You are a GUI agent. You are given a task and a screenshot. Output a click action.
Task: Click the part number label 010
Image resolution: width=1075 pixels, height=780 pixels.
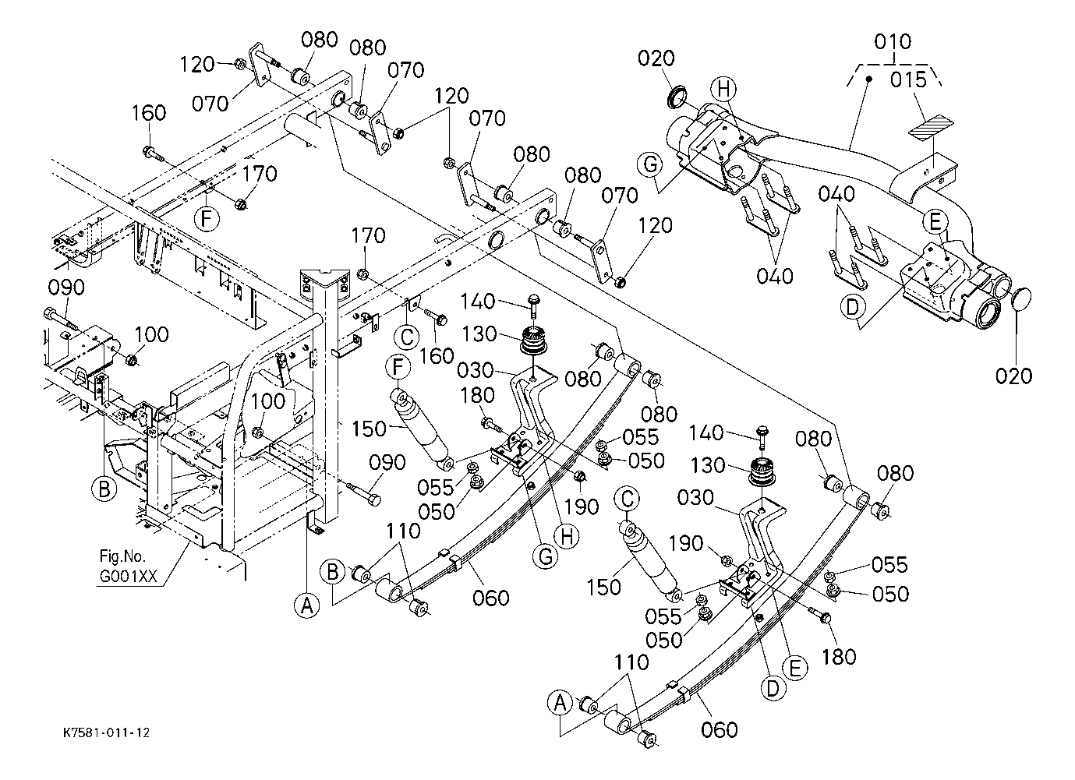coord(893,42)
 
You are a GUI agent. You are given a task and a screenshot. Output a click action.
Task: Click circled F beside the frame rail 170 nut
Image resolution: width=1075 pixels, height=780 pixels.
coord(206,219)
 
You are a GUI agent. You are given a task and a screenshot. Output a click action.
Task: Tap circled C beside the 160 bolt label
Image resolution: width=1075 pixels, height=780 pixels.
coord(406,337)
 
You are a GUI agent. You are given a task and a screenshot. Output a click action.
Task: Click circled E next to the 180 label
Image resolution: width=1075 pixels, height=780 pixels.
coord(796,667)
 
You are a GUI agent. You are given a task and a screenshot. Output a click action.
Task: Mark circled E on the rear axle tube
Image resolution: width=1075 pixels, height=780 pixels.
coord(935,222)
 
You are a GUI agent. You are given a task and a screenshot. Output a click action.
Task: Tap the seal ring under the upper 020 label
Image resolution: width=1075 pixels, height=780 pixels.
coord(677,97)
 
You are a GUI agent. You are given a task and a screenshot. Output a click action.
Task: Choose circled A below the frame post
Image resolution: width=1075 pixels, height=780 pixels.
coord(307,604)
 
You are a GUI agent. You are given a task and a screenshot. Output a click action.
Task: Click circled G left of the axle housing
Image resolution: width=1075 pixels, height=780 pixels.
coord(649,166)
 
